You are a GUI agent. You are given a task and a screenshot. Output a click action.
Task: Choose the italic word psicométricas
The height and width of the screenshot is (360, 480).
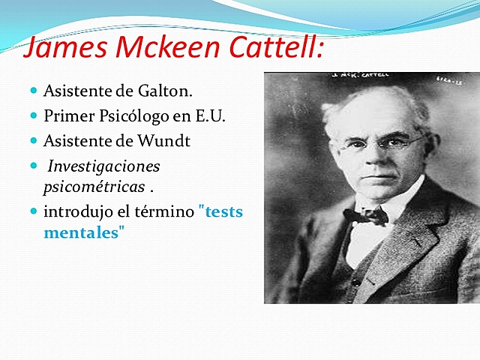click(93, 183)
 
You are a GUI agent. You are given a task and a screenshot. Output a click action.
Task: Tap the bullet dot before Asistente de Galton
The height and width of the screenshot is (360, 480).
click(34, 91)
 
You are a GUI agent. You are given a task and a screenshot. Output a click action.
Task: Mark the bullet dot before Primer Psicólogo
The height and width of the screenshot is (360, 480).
click(34, 115)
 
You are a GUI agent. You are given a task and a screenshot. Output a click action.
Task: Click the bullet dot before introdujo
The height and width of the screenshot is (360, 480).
click(34, 211)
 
